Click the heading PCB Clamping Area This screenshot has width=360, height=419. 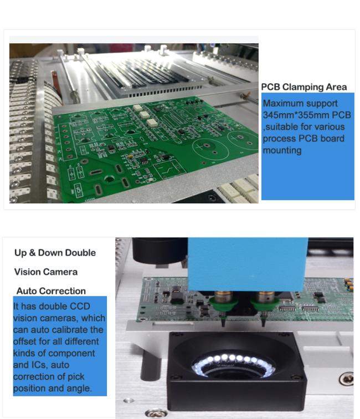(x=304, y=87)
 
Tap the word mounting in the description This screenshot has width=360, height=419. (x=282, y=150)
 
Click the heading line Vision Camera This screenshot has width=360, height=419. (x=46, y=272)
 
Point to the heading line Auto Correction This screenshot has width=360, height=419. (x=51, y=291)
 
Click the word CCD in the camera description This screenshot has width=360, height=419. (x=80, y=306)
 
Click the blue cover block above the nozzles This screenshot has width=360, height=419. (x=248, y=264)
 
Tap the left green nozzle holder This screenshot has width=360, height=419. (x=223, y=305)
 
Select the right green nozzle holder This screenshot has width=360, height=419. (x=265, y=305)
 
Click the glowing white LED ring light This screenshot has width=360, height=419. (x=233, y=364)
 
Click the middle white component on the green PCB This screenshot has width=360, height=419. (x=145, y=115)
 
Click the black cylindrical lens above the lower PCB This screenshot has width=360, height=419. (x=160, y=250)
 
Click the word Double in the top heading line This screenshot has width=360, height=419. (x=80, y=253)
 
